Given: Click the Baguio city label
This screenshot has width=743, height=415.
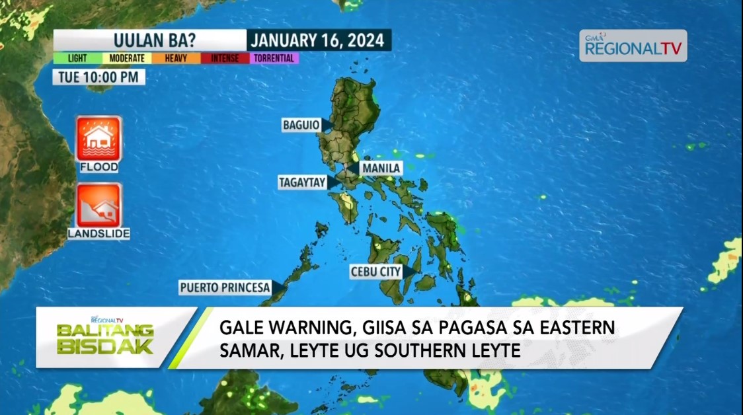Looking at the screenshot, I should [301, 125].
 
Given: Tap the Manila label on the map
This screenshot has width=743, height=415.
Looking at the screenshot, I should [380, 169].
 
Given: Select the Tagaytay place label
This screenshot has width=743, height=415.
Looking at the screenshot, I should [303, 182].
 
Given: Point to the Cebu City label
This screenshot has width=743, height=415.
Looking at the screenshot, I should [376, 272].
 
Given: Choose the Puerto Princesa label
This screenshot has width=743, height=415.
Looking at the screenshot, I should [225, 287].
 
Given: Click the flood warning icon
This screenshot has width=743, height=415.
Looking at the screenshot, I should [98, 139].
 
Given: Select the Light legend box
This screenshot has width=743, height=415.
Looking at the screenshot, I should [77, 58].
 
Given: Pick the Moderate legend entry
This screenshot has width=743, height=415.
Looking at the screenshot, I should [127, 58].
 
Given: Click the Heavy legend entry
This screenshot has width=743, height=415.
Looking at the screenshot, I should [176, 58].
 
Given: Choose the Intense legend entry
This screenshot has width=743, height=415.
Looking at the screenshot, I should [225, 58].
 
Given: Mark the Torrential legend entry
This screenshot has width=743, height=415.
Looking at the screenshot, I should [274, 58].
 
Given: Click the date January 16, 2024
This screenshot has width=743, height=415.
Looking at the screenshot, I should [319, 40].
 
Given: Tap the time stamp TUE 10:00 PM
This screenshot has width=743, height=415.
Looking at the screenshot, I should [98, 77].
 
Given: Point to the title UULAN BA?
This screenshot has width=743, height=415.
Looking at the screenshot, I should [149, 40].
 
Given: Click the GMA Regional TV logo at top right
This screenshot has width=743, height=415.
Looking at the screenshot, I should [633, 46].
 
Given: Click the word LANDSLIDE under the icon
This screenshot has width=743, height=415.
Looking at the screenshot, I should [98, 233].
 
